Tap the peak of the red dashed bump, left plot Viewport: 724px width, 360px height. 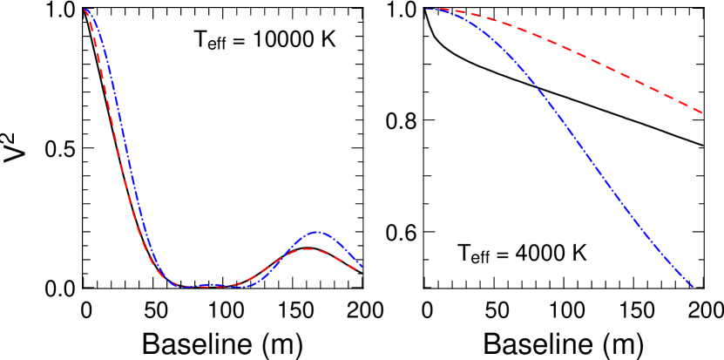[x=308, y=249]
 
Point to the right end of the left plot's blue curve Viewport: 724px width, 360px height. [x=361, y=266]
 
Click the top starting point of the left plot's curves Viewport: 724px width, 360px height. [x=85, y=10]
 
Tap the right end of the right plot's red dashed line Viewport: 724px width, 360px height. [x=702, y=112]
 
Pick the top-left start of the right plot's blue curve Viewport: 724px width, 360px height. [x=427, y=10]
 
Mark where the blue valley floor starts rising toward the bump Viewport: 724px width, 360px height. [x=255, y=284]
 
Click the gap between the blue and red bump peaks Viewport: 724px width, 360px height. [x=313, y=241]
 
